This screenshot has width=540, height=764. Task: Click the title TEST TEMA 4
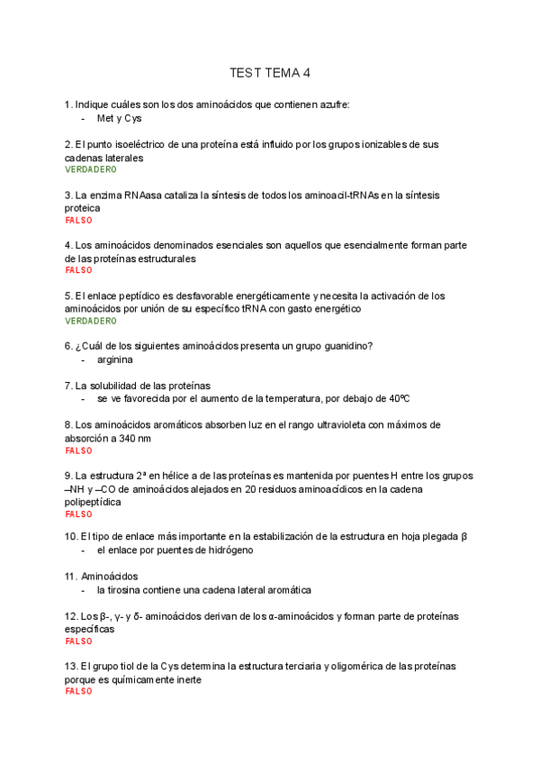tap(269, 73)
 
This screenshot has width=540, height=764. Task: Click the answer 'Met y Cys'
tap(119, 118)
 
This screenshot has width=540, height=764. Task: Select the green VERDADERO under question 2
tap(91, 169)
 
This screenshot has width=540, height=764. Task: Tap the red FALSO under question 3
tap(78, 220)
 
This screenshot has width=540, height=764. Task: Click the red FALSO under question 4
tap(78, 270)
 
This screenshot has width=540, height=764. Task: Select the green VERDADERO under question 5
tap(91, 321)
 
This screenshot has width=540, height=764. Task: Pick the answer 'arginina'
tap(114, 359)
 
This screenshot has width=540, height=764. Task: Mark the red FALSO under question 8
tap(78, 450)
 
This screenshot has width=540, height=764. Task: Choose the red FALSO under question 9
tap(78, 514)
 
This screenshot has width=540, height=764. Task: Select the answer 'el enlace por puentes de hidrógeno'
tap(175, 550)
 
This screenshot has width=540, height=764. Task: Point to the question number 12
tap(70, 616)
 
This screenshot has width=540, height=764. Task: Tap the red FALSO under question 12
tap(78, 641)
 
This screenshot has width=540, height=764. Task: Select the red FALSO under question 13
tap(78, 692)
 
